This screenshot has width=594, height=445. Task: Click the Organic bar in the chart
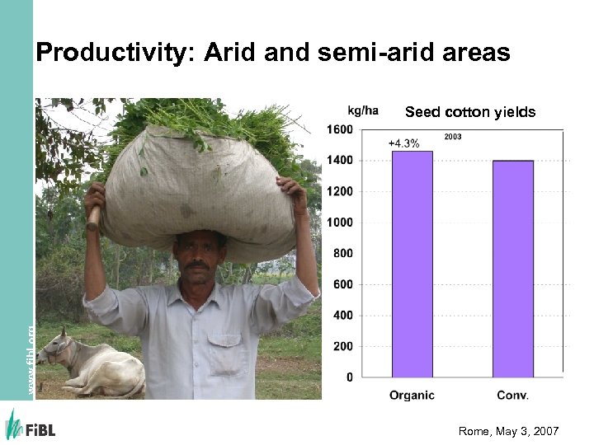tap(412, 264)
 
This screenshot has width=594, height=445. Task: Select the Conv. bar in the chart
tap(512, 269)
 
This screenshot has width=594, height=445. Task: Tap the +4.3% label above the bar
tap(403, 143)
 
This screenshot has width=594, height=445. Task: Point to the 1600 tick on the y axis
tap(342, 129)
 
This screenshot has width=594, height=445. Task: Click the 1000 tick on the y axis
tap(342, 222)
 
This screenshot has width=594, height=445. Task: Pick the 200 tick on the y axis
tap(344, 347)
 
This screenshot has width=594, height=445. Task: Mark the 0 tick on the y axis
tap(350, 377)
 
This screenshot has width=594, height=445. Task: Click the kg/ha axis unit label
tap(362, 110)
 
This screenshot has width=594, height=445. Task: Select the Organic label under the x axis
tap(412, 396)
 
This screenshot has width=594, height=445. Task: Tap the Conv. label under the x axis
tap(512, 396)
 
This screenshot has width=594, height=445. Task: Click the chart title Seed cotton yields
tap(469, 112)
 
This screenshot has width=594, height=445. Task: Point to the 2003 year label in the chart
tap(453, 137)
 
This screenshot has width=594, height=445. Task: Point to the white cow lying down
tap(91, 366)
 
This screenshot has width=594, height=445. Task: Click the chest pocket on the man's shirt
tap(224, 344)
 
